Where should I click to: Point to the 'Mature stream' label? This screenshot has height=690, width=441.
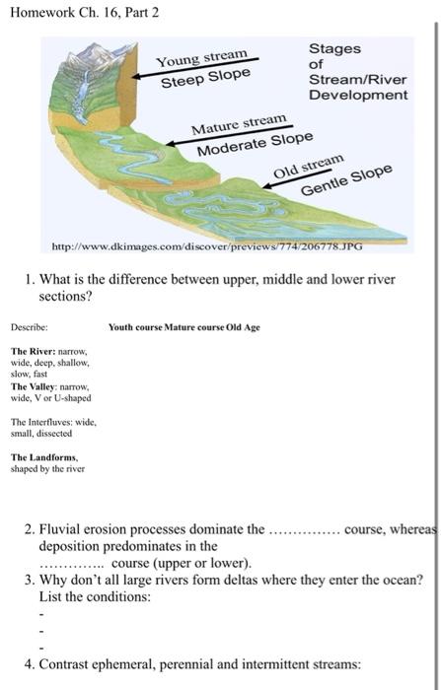[239, 127]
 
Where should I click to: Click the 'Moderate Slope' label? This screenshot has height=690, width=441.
[255, 145]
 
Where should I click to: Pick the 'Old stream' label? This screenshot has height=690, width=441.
[309, 165]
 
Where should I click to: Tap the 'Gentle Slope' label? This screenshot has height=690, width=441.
[345, 181]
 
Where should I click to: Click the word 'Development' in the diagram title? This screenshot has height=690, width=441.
[357, 96]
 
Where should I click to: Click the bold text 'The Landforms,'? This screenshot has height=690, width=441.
[39, 457]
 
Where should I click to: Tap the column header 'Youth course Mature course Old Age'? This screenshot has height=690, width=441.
[184, 326]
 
